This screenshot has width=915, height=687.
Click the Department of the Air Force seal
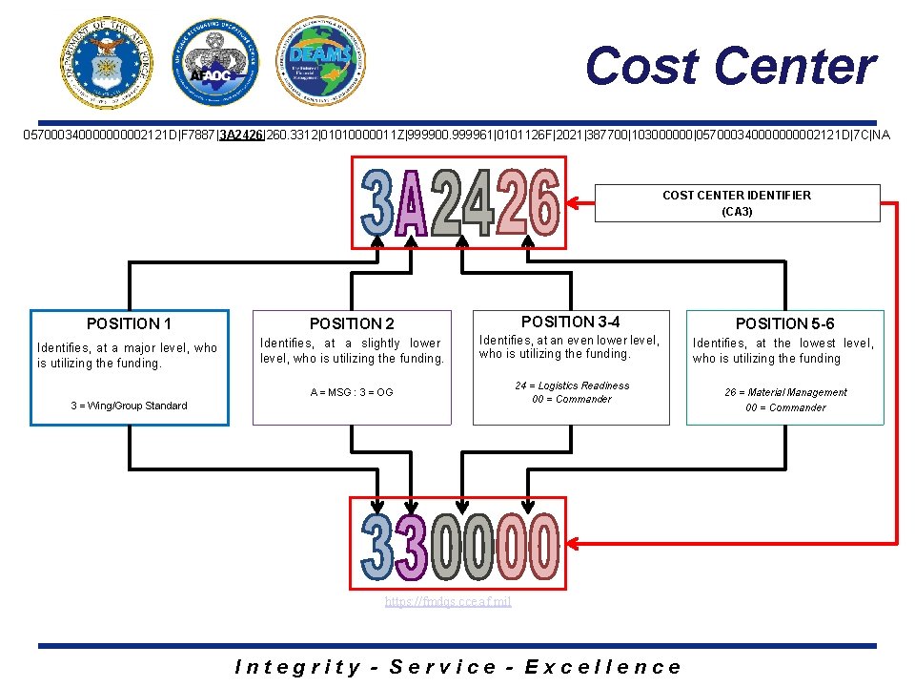tap(107, 63)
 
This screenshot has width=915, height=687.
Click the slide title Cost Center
tap(730, 67)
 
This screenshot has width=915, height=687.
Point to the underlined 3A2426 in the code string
tap(241, 135)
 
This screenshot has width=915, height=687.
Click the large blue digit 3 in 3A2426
tap(379, 202)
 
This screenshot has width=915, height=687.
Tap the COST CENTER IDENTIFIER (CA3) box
tap(737, 203)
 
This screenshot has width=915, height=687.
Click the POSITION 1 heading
tap(130, 323)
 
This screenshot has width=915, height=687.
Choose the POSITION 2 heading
tap(352, 324)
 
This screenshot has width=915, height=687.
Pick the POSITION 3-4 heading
tap(571, 322)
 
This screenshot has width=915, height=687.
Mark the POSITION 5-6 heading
tap(784, 324)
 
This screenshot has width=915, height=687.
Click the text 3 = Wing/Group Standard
tap(129, 406)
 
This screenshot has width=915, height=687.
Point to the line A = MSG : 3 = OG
tap(352, 392)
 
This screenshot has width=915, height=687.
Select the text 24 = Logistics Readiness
tap(572, 385)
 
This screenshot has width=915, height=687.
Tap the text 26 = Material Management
tap(785, 392)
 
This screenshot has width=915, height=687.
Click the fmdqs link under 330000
tap(448, 602)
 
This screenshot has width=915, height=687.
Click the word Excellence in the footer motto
tap(602, 667)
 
